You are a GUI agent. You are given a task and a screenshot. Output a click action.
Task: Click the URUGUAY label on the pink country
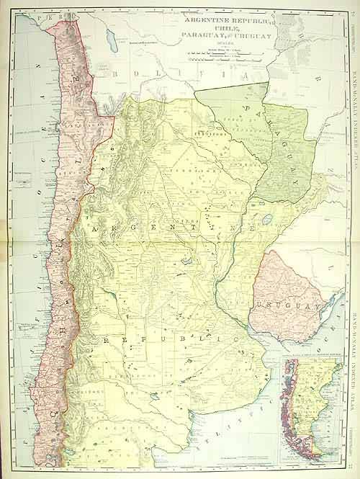point(291,287)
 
